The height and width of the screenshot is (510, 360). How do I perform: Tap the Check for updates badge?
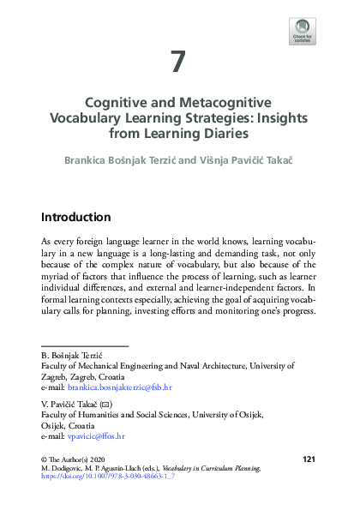pyautogui.click(x=303, y=30)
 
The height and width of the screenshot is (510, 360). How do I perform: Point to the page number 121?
pyautogui.click(x=309, y=459)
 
